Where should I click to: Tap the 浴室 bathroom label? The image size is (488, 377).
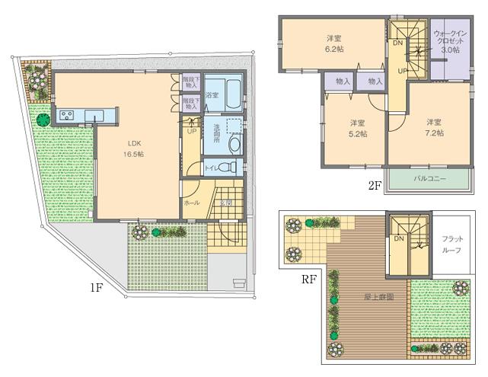(212, 95)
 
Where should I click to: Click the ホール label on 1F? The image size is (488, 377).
(192, 203)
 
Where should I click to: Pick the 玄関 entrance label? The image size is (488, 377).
(226, 203)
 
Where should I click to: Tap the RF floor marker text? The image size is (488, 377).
(308, 279)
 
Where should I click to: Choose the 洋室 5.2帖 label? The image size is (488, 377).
(358, 128)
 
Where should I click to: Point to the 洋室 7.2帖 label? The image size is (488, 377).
(433, 128)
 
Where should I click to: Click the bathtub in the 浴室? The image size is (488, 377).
(225, 94)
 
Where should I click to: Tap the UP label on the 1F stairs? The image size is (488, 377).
(191, 131)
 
